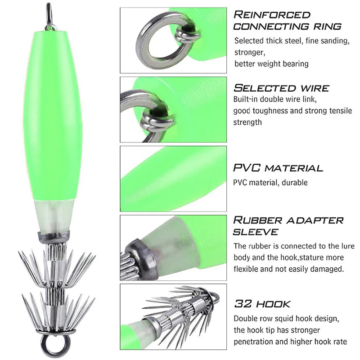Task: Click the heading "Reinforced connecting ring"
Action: tap(287, 21)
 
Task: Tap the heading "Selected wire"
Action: tap(281, 88)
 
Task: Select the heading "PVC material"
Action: tap(278, 168)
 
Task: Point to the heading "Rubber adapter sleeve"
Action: tap(288, 226)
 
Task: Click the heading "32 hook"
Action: tap(262, 304)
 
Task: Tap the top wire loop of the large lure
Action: tap(50, 16)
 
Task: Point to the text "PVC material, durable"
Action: tap(270, 183)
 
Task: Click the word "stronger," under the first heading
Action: tap(250, 52)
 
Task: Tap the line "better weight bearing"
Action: tap(271, 63)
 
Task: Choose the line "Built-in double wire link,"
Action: tap(275, 99)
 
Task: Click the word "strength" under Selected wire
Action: tap(247, 122)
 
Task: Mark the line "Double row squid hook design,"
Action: tap(286, 319)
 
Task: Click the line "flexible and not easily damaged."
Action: tap(288, 269)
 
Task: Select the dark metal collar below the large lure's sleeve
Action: tap(53, 234)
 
